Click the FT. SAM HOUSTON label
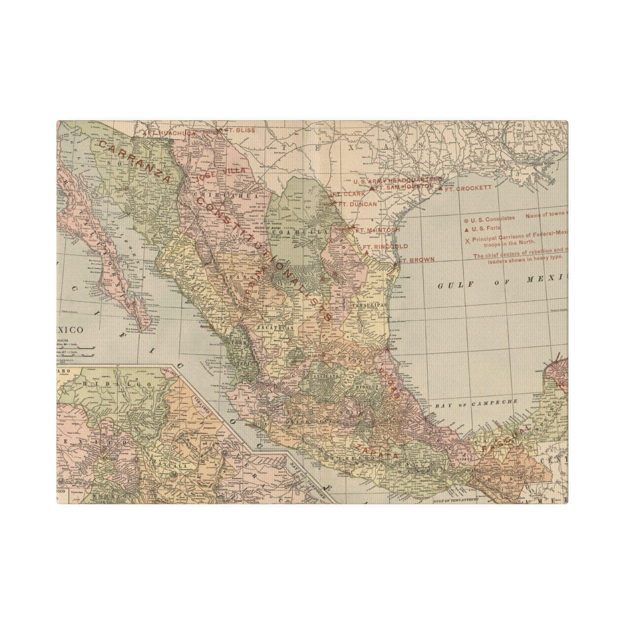[404, 187]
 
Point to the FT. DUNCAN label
[357, 204]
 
